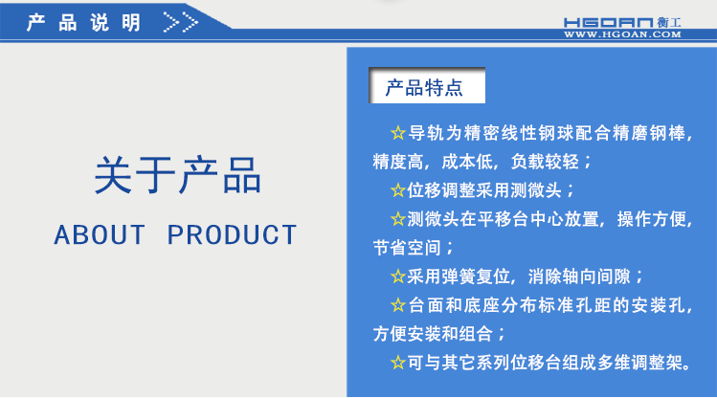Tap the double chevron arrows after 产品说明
[181, 21]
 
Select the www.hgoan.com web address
[622, 34]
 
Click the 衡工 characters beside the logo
[668, 20]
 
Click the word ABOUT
[100, 234]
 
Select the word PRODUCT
[233, 234]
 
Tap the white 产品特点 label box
[428, 88]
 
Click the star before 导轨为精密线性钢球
[398, 132]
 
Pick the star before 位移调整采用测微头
[398, 190]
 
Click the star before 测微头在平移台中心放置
[398, 219]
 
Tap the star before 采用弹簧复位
[398, 277]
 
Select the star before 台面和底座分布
[398, 306]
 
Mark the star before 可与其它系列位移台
[398, 364]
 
